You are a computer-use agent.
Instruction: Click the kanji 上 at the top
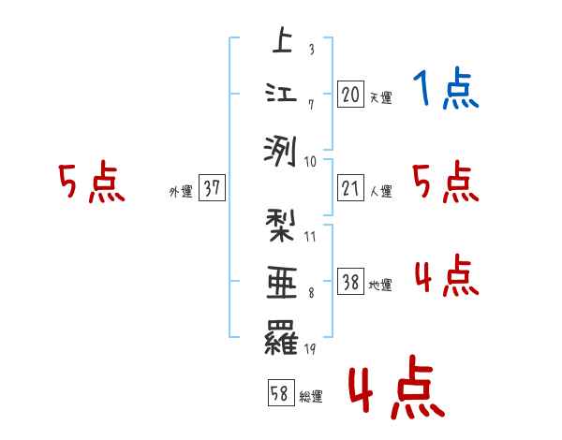(281, 41)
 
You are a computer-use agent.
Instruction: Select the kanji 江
(281, 94)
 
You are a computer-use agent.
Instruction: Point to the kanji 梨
(281, 228)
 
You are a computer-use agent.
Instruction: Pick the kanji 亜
(281, 282)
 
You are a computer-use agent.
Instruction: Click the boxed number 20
(350, 95)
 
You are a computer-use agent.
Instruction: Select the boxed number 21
(350, 189)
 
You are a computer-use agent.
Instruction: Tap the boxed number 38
(350, 282)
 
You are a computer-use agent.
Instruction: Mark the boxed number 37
(212, 189)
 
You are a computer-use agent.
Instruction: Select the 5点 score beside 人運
(446, 183)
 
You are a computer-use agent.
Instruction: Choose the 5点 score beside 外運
(91, 183)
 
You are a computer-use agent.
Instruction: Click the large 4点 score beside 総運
(395, 391)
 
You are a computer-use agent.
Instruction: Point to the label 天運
(380, 97)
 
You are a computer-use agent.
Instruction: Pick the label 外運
(180, 191)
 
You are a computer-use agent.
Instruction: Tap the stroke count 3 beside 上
(311, 50)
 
